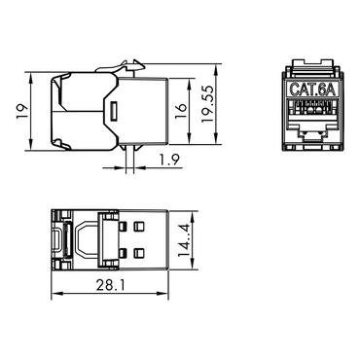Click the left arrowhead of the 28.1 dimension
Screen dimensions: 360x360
tap(54, 296)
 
